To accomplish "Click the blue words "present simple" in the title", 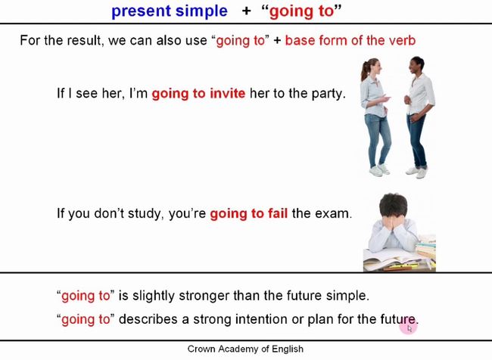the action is [170, 12].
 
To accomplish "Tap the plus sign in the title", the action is [246, 11].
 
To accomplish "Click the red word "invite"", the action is [228, 94].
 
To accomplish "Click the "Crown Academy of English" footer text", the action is [245, 349].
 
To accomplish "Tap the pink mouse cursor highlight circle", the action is [408, 327].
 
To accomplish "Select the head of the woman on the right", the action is [417, 65].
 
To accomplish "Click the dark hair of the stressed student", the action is [393, 205].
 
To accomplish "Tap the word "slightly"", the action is [153, 296].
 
